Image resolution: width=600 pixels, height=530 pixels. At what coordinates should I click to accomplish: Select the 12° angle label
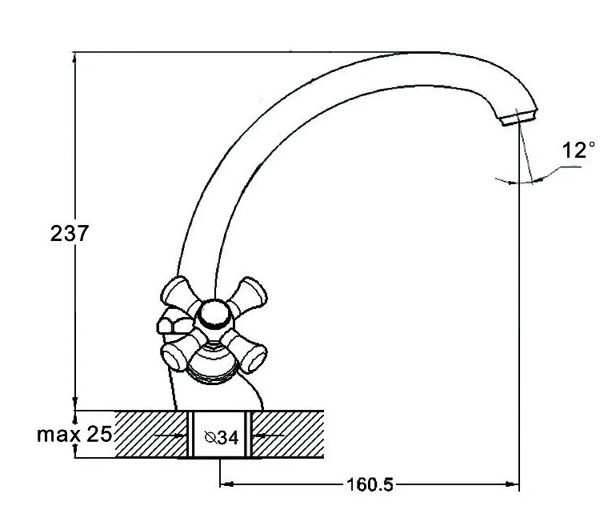[x=578, y=151]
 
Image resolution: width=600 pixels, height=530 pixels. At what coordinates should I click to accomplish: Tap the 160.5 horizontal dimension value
[x=370, y=485]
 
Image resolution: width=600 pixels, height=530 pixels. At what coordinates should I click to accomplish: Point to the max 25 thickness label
[x=74, y=435]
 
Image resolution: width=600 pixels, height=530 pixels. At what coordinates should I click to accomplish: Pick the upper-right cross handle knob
[x=252, y=292]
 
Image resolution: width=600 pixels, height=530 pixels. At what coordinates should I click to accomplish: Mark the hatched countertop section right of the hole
[x=288, y=435]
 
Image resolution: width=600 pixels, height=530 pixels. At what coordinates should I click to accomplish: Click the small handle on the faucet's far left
[x=171, y=323]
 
